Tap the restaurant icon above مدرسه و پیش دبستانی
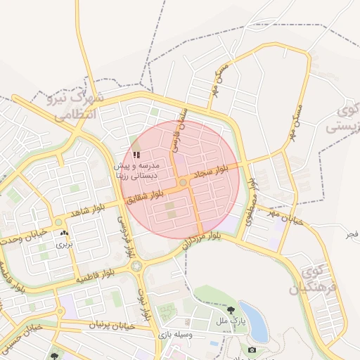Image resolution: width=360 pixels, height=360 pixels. pos(136,154)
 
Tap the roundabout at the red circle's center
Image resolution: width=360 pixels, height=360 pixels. pos(183,183)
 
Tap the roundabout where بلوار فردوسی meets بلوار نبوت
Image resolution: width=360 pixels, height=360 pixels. pos(136,266)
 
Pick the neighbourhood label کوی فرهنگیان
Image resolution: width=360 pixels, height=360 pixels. pos(313,281)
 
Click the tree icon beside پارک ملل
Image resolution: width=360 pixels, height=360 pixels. pos(231,310)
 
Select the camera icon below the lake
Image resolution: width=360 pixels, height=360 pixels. pos(252,349)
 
